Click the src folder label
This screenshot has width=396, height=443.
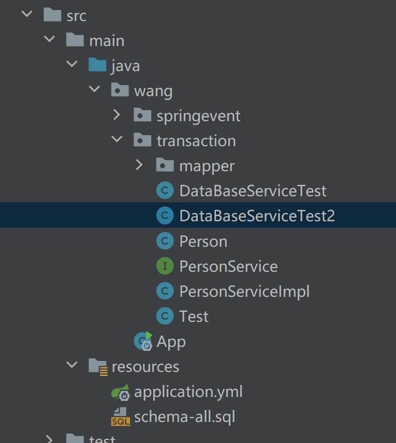coord(76,16)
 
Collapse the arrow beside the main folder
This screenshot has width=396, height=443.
coord(49,40)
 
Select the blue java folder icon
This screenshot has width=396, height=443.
coord(97,65)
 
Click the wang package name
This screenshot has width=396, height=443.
coord(153,91)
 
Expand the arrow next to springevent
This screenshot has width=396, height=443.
coord(117,115)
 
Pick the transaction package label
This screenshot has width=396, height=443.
coord(196,141)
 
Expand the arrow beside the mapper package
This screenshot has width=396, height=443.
coord(139,165)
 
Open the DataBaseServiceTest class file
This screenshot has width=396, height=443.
coord(252,191)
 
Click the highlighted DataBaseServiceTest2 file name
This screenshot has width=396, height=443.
coord(257,216)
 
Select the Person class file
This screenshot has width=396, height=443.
coord(203,241)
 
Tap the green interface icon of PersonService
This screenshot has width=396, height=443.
coord(165,266)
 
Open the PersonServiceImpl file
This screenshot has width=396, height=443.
coord(244,291)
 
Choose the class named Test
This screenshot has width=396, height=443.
coord(193,316)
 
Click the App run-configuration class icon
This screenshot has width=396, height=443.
coord(143,341)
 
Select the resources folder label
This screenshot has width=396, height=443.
coord(145,366)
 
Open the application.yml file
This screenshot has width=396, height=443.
coord(188,391)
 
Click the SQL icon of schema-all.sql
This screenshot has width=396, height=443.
coord(120,416)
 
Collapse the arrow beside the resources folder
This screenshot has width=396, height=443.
coord(72,365)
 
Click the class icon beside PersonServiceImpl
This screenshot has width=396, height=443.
coord(165,291)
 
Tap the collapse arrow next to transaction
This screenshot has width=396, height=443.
coord(117,140)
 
